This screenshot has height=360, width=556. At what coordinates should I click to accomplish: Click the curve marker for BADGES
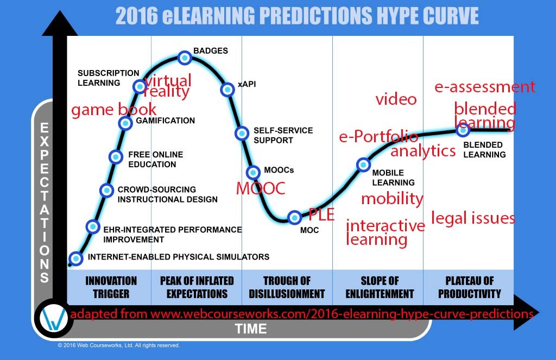[x=185, y=58]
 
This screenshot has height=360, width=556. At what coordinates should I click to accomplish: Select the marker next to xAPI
[x=228, y=90]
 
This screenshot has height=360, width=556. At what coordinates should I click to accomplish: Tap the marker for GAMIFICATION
[x=125, y=123]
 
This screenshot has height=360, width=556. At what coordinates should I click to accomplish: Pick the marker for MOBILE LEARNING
[x=363, y=165]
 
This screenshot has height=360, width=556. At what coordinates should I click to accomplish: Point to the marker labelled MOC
[x=294, y=217]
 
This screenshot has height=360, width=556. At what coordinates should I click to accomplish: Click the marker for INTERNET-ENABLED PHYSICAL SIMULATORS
[x=76, y=258]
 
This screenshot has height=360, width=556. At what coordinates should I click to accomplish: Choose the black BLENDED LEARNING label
[x=484, y=150]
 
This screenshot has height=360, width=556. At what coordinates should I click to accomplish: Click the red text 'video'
[x=396, y=99]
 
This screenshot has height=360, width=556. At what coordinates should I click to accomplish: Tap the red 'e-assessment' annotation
[x=485, y=87]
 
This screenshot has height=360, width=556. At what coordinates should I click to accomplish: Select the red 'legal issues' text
[x=473, y=218]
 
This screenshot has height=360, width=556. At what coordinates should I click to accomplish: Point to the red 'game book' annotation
[x=113, y=110]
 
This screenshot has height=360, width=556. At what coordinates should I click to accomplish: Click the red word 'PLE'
[x=321, y=214]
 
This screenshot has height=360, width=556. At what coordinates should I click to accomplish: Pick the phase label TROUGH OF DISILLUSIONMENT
[x=287, y=287]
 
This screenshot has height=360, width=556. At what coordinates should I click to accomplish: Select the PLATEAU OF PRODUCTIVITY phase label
[x=470, y=287]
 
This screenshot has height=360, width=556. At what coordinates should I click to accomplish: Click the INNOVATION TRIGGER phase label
[x=111, y=287]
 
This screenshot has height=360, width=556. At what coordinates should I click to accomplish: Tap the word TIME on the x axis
[x=251, y=329]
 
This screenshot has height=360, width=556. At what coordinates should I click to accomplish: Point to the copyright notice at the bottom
[x=119, y=345]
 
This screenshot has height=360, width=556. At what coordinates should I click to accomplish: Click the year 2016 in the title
[x=136, y=16]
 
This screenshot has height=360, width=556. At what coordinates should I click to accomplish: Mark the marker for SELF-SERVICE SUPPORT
[x=242, y=134]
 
